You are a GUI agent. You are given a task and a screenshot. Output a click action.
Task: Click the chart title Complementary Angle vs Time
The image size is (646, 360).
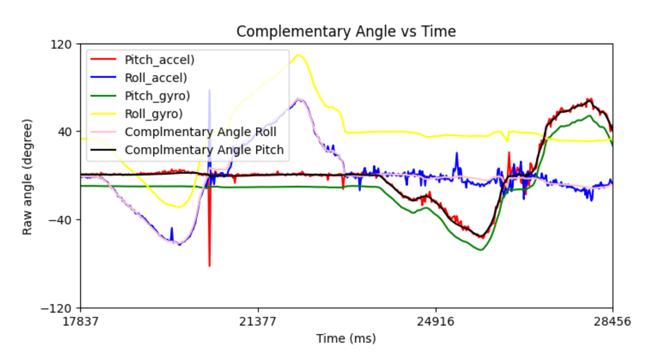click(346, 32)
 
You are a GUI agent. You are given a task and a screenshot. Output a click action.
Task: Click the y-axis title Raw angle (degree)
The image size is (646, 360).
click(27, 176)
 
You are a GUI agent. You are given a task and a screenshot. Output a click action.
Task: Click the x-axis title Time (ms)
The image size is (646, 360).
click(346, 338)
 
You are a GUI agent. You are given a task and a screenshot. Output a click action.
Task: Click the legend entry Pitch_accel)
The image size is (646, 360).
click(159, 60)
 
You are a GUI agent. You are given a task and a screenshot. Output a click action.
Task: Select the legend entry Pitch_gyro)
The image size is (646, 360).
click(158, 96)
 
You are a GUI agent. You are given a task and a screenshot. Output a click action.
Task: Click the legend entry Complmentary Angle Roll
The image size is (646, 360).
click(201, 132)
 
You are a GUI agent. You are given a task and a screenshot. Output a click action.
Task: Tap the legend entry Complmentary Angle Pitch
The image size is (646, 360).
click(204, 150)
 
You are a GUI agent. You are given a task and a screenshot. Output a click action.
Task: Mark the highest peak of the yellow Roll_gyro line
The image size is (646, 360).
click(299, 55)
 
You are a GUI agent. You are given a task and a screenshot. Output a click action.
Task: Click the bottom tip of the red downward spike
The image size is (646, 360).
click(209, 266)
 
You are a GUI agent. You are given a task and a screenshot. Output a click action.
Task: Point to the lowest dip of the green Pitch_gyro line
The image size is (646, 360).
click(480, 250)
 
